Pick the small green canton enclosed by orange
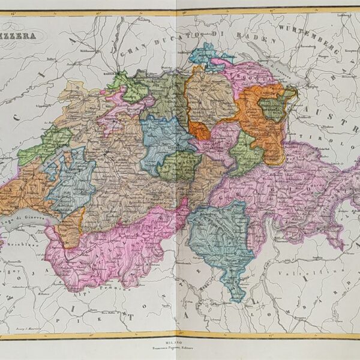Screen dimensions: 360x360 [272, 109]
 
